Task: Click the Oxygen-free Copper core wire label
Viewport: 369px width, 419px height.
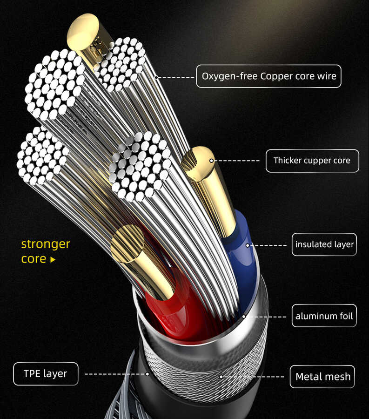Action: [268, 76]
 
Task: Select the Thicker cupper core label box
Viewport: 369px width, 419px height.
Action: [312, 161]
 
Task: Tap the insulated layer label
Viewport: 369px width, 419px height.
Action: [324, 244]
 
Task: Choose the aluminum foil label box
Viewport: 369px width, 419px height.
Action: [324, 317]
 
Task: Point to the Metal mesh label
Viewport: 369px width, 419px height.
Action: [322, 376]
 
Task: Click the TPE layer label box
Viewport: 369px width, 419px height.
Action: [46, 373]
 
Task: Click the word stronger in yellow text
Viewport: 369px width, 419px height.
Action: [46, 244]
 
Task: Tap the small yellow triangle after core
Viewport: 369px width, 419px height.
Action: [53, 260]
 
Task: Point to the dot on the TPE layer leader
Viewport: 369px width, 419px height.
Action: [148, 373]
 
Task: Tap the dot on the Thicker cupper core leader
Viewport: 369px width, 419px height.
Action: [212, 161]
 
